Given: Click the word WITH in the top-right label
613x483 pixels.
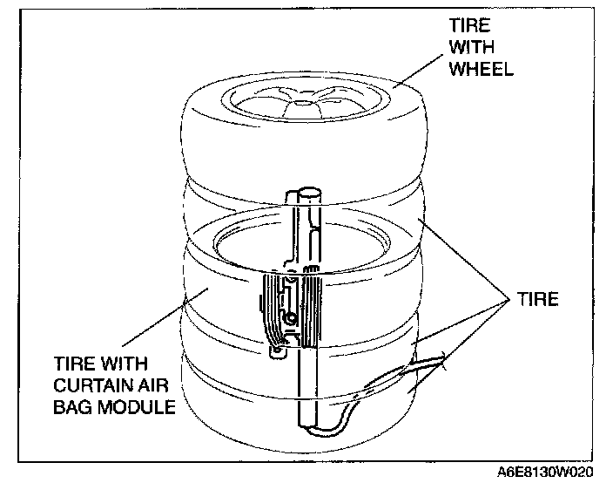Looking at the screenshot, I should pos(472,47).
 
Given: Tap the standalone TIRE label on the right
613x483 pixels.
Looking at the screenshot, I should pos(536,299).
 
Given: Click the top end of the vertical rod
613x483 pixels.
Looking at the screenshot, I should pos(306,190).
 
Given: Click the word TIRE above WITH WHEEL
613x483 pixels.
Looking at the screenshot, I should pos(471,25).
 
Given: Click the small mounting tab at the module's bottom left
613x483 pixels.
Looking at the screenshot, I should pos(276,351).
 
